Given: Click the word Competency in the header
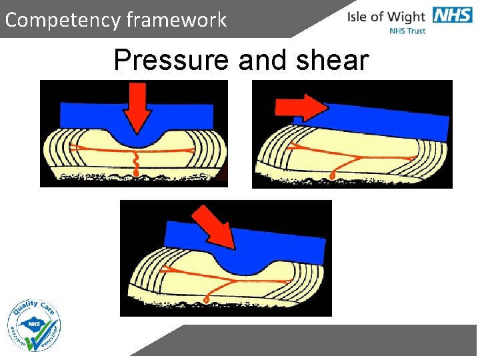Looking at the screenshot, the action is point(63,20).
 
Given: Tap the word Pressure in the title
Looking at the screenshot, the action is point(171,61).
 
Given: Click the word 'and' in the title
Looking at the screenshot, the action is point(262,61).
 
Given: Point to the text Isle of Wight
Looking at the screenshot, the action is point(386,16).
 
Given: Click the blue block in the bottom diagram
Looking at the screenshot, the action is point(287,243).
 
